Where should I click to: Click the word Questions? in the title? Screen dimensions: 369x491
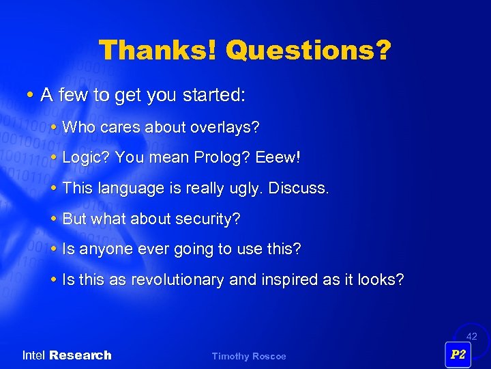click(308, 50)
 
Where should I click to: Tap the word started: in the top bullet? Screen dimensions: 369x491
click(211, 96)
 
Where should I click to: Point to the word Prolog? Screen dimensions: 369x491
click(222, 158)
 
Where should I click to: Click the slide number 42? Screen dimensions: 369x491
click(472, 336)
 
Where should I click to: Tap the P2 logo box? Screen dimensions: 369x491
click(458, 355)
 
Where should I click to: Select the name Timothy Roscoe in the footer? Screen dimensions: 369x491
click(249, 356)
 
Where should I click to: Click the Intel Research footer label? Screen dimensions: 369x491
click(67, 355)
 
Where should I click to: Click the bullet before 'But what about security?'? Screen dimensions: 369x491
click(54, 219)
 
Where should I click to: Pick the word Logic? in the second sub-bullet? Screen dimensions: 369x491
click(86, 158)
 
